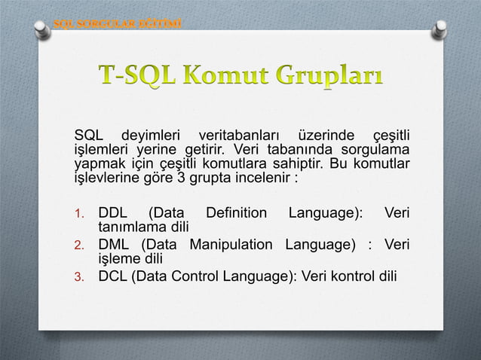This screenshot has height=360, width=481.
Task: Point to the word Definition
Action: tap(236, 213)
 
